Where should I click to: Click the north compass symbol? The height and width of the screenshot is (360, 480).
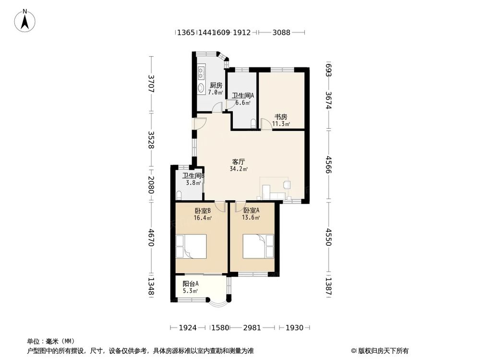click(x=25, y=21)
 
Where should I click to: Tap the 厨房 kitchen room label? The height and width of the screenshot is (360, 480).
click(x=216, y=85)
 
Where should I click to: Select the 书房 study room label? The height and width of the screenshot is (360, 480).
click(x=281, y=117)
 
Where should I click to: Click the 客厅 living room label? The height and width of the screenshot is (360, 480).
click(x=239, y=162)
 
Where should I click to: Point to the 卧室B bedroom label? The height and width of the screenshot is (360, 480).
click(x=203, y=211)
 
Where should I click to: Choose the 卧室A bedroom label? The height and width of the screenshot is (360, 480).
click(x=252, y=210)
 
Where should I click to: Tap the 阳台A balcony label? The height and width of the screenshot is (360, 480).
click(x=191, y=284)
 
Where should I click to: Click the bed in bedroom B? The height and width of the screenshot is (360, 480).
click(x=191, y=246)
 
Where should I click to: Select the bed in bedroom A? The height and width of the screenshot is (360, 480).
click(x=258, y=246)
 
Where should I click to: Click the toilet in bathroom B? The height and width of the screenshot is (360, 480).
click(x=179, y=195)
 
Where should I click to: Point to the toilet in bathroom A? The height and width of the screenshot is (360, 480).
click(x=253, y=124)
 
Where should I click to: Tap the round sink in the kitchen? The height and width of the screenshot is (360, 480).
click(x=201, y=87)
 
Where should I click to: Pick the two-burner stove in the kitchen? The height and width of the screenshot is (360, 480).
click(x=201, y=73)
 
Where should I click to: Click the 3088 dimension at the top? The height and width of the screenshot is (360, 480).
click(x=281, y=32)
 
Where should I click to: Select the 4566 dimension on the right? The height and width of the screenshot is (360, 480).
click(x=329, y=164)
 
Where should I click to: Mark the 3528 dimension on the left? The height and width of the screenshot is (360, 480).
click(x=151, y=140)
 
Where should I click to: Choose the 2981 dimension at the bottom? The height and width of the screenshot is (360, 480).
click(x=252, y=328)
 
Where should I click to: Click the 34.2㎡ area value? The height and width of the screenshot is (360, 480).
click(x=239, y=168)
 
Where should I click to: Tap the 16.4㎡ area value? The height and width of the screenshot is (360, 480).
click(x=203, y=218)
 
